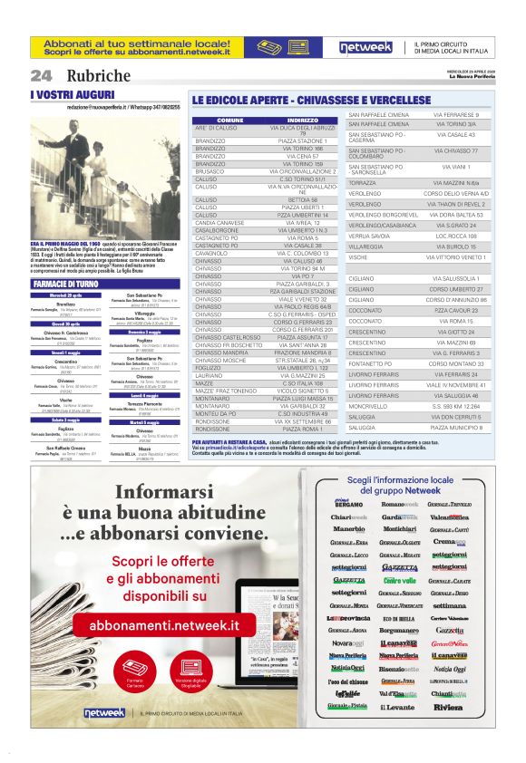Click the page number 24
41,75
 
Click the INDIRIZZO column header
302,120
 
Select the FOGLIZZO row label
210,367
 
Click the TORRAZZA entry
363,183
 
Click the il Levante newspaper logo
396,731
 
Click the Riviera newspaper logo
447,731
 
